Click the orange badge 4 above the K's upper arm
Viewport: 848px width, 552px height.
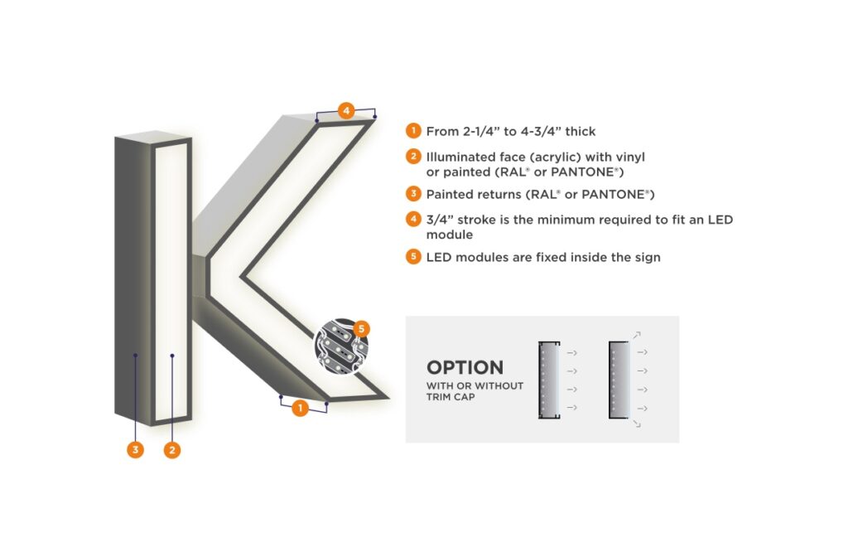click(x=346, y=109)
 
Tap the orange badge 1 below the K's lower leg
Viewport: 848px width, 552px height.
click(x=300, y=408)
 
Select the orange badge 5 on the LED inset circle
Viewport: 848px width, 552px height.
click(x=361, y=329)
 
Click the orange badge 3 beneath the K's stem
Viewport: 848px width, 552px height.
click(x=135, y=450)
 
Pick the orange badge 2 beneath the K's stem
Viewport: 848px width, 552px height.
click(x=172, y=450)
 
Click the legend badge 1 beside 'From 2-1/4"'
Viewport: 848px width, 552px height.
click(x=412, y=131)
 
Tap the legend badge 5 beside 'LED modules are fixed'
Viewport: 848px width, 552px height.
click(x=412, y=257)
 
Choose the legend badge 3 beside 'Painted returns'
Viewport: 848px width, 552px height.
click(x=412, y=194)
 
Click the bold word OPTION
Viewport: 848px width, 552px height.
click(x=465, y=368)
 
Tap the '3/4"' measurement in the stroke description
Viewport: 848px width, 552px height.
click(x=439, y=220)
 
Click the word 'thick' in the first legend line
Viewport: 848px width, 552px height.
click(x=578, y=131)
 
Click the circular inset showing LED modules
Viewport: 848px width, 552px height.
click(x=340, y=346)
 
